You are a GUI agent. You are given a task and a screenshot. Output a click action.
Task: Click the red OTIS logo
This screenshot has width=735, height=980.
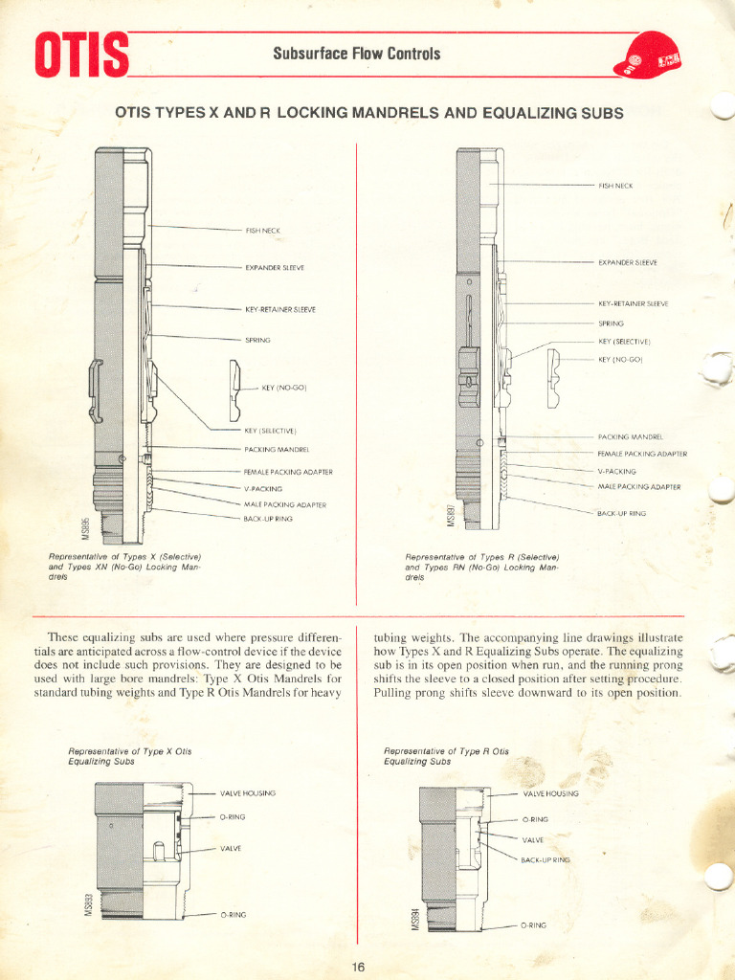tap(81, 56)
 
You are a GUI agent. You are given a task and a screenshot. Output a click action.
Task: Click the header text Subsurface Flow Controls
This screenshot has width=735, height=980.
tap(356, 54)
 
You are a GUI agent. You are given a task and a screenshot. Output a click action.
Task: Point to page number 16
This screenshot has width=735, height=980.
tap(358, 967)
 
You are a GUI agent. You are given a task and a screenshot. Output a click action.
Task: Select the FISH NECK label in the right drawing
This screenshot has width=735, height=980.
tap(616, 185)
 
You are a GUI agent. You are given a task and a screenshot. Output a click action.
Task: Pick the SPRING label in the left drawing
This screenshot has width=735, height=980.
tap(257, 340)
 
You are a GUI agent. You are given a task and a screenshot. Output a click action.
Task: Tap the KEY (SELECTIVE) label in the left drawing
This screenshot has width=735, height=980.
tap(270, 431)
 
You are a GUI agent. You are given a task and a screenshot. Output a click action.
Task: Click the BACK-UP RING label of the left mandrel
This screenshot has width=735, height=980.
tap(268, 519)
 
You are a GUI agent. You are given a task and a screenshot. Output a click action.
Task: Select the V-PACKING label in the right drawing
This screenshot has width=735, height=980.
tap(616, 471)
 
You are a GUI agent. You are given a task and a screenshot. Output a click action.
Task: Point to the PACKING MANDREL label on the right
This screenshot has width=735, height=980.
tap(630, 436)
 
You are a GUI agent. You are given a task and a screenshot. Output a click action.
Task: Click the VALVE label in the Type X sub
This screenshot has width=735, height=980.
tap(231, 849)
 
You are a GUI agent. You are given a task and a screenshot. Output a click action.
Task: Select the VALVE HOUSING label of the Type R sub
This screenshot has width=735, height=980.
tap(550, 793)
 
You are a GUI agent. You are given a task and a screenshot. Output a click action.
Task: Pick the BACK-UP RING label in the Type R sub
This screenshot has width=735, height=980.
tap(545, 859)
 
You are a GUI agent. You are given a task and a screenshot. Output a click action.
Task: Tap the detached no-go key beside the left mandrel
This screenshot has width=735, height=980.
tap(234, 390)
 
